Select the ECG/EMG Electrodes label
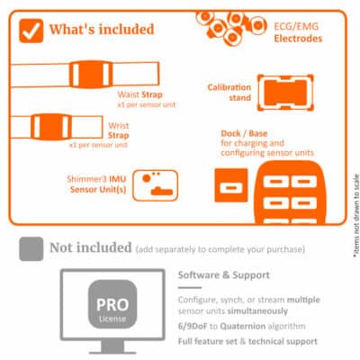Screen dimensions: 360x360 (x=298, y=32)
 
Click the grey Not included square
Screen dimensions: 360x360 (x=31, y=246)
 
